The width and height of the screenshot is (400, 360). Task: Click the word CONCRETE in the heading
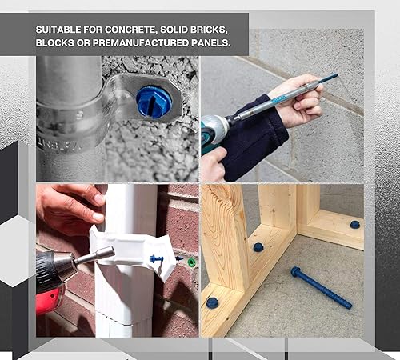(130, 30)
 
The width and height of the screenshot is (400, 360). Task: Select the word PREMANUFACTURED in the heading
(141, 42)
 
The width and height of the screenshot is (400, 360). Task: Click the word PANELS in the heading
(211, 42)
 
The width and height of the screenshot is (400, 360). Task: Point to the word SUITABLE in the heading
(58, 30)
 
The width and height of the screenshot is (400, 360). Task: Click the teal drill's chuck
(228, 123)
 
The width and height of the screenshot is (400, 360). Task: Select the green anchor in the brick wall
(192, 262)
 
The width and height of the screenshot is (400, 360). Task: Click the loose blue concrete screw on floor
(321, 287)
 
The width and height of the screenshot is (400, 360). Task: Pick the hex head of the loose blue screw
(295, 272)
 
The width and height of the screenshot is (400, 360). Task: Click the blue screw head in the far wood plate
(354, 225)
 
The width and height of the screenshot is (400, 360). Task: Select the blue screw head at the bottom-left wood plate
(212, 303)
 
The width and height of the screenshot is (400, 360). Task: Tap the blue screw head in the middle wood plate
(258, 247)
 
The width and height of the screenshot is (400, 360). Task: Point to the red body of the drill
(50, 300)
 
